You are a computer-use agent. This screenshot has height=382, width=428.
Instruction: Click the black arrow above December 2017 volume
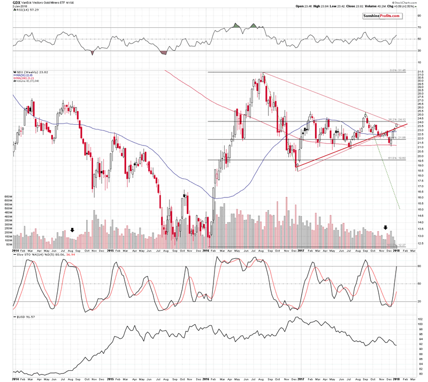coord(386,228)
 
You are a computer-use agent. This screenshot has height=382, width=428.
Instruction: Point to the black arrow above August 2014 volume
coord(72,230)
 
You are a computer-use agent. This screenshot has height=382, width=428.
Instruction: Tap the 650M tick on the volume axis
coord(7,197)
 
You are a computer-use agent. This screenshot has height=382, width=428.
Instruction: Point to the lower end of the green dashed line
coord(400,208)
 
